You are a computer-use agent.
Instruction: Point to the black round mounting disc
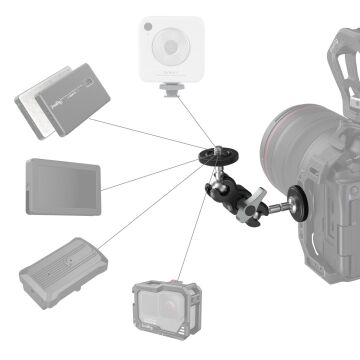pos(214,157)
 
